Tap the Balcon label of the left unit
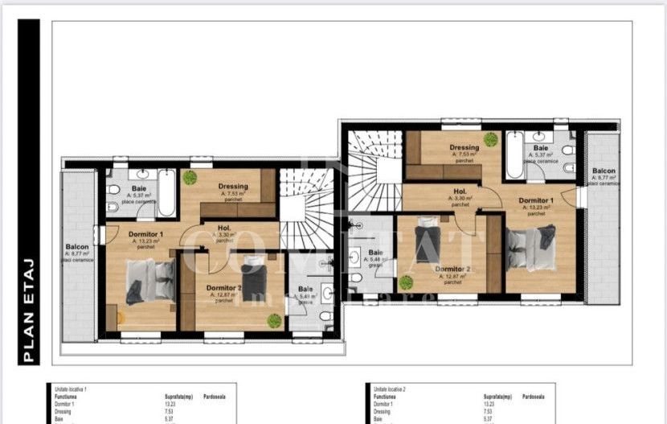[x=78, y=247]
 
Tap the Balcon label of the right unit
[x=604, y=171]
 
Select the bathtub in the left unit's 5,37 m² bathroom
[x=166, y=192]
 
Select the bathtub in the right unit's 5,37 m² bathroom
[x=514, y=154]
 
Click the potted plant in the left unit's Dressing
[x=190, y=177]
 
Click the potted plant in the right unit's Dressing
[x=490, y=139]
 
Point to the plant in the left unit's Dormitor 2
[x=274, y=320]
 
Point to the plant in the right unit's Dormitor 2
[x=406, y=282]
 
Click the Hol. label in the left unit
[x=225, y=228]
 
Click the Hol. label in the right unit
[x=460, y=191]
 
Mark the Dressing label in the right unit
[x=464, y=148]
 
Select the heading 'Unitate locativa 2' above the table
[x=390, y=389]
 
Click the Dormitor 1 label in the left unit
[x=145, y=234]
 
